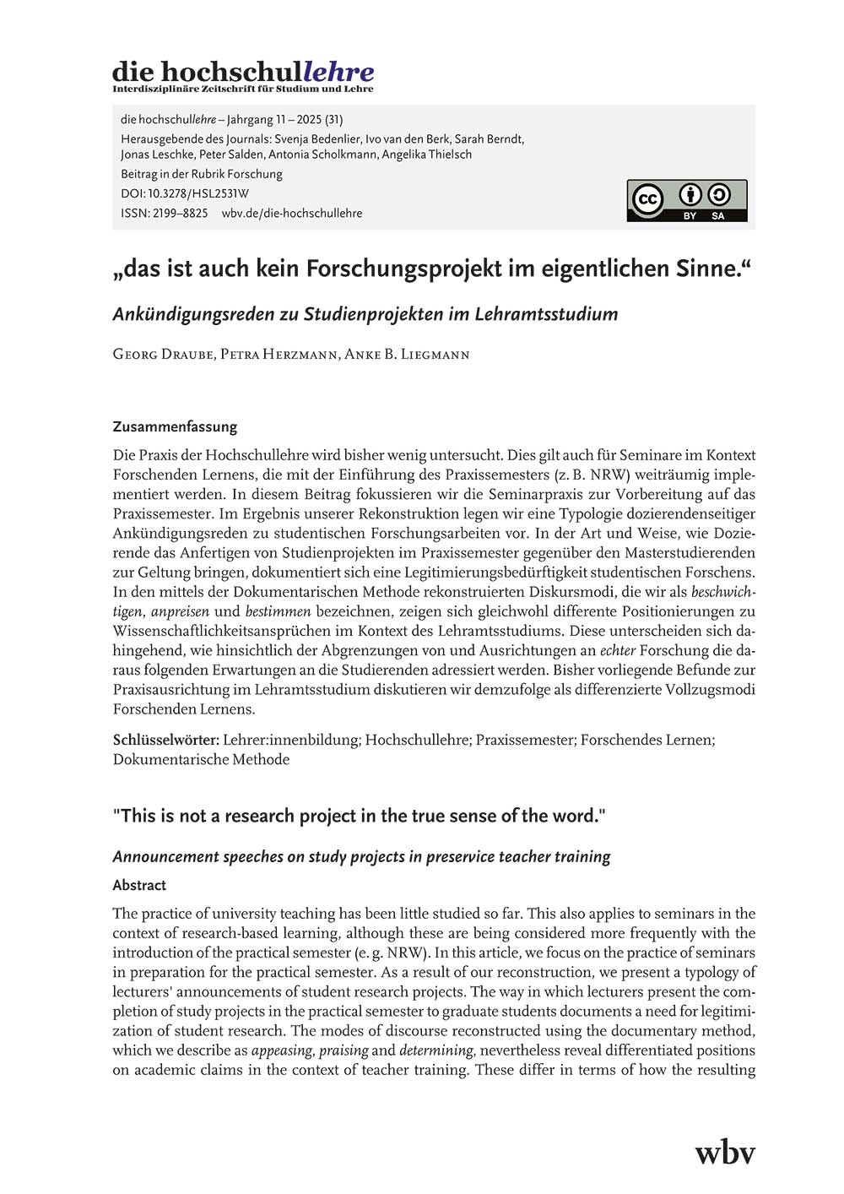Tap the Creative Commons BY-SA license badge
[x=686, y=200]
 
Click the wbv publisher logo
[x=724, y=1152]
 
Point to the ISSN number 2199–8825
[x=180, y=213]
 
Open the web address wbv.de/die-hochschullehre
[x=292, y=213]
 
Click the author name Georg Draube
[x=162, y=354]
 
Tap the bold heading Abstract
[x=139, y=885]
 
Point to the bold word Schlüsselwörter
[x=166, y=740]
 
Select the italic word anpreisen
[x=180, y=611]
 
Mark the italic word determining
[x=437, y=1050]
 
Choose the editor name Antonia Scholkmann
[x=322, y=155]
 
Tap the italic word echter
[x=618, y=650]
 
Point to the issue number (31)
[x=333, y=119]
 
